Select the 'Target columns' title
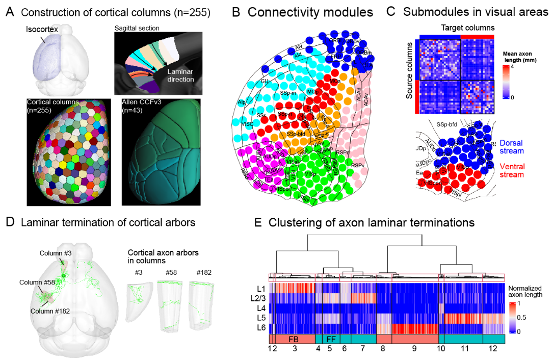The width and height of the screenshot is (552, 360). pyautogui.click(x=456, y=28)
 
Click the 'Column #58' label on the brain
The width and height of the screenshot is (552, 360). pyautogui.click(x=35, y=282)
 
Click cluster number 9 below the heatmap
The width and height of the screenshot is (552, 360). pyautogui.click(x=414, y=348)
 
